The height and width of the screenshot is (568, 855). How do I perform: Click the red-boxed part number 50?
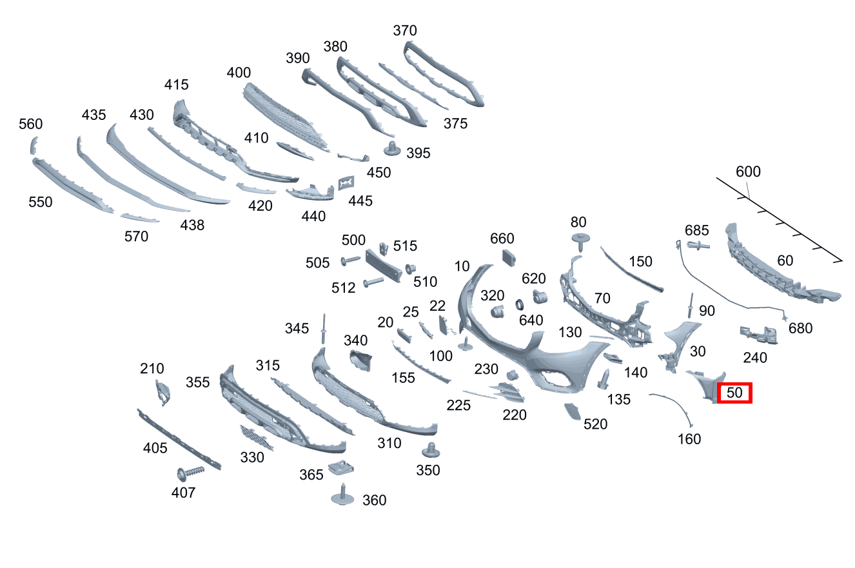(734, 393)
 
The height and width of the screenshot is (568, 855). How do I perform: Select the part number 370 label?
(405, 30)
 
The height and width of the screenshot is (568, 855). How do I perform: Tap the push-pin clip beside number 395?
(392, 148)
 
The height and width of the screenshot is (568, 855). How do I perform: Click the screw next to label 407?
(190, 472)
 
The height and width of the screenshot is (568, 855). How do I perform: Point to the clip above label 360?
(342, 495)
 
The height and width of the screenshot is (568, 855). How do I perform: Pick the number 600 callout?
(748, 171)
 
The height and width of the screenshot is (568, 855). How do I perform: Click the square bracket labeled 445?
(346, 183)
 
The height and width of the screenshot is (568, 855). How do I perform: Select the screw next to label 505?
(350, 260)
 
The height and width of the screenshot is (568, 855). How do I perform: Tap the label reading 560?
(31, 124)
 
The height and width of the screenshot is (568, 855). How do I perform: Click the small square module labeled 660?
(509, 258)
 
